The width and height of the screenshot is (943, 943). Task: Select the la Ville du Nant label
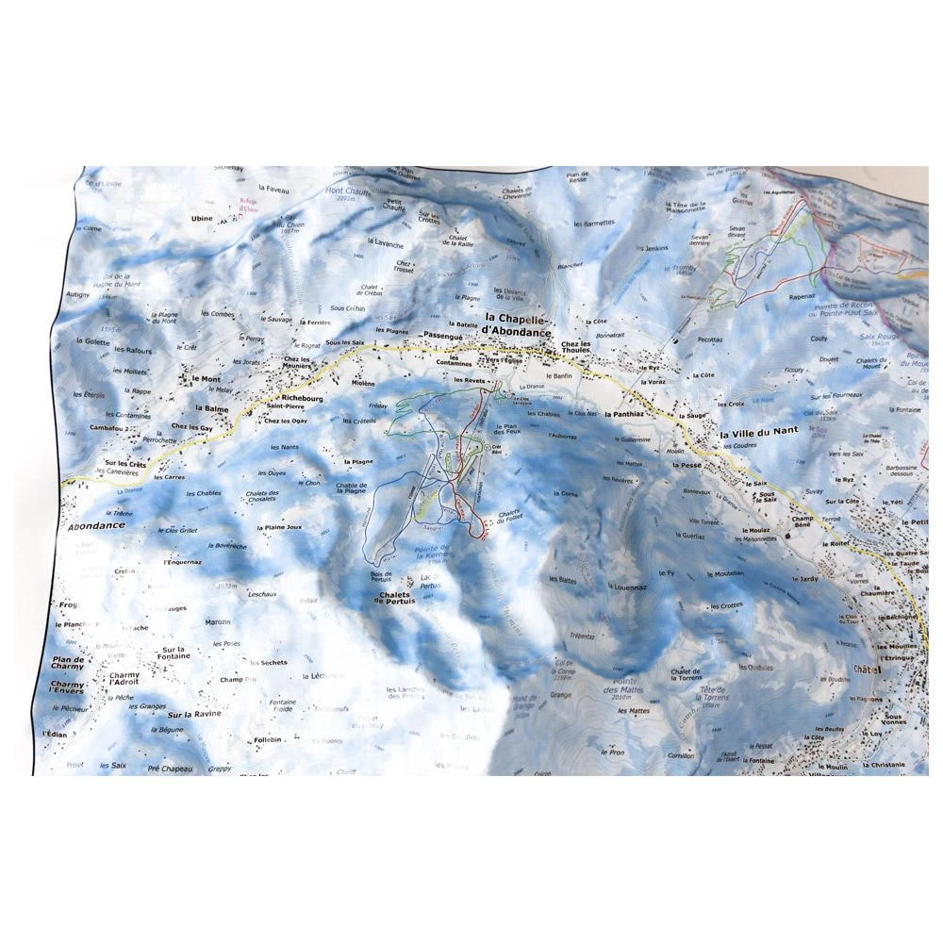tap(757, 431)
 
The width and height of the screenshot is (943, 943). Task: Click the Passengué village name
tap(445, 336)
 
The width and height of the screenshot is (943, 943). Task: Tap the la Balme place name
tap(212, 409)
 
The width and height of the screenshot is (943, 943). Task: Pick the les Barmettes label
tap(594, 223)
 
